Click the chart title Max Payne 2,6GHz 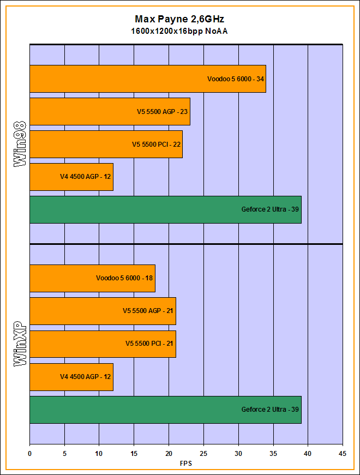pyautogui.click(x=179, y=19)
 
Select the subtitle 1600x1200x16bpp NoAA pyautogui.click(x=179, y=31)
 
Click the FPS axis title pyautogui.click(x=186, y=464)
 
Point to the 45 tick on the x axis pyautogui.click(x=343, y=454)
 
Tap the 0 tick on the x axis pyautogui.click(x=30, y=454)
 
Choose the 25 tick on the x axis pyautogui.click(x=203, y=454)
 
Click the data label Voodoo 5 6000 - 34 pyautogui.click(x=236, y=79)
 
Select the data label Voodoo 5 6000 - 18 pyautogui.click(x=125, y=278)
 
